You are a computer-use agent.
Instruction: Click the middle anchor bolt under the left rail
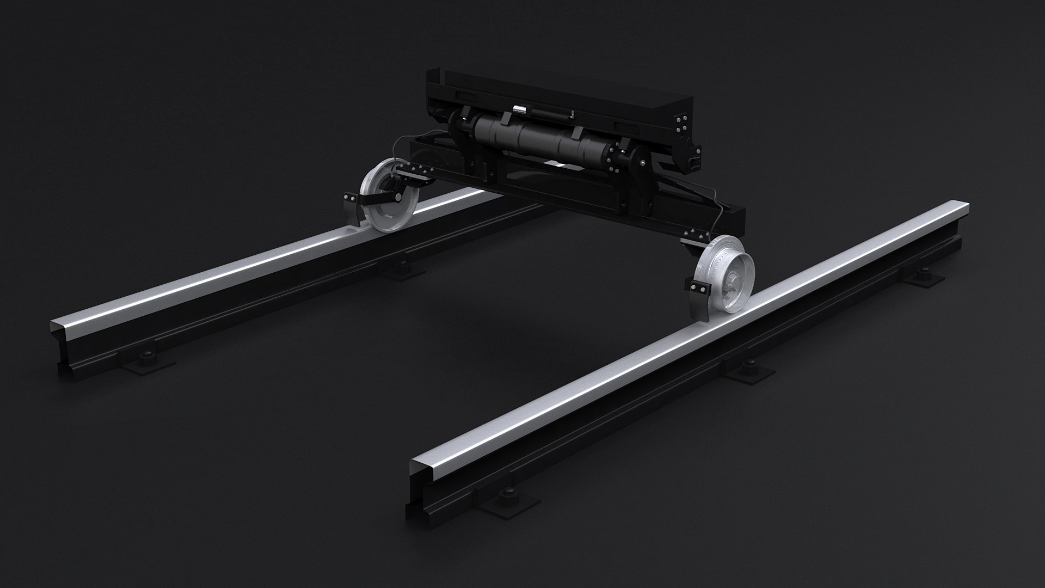403,265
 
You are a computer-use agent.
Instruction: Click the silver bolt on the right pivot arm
644,163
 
